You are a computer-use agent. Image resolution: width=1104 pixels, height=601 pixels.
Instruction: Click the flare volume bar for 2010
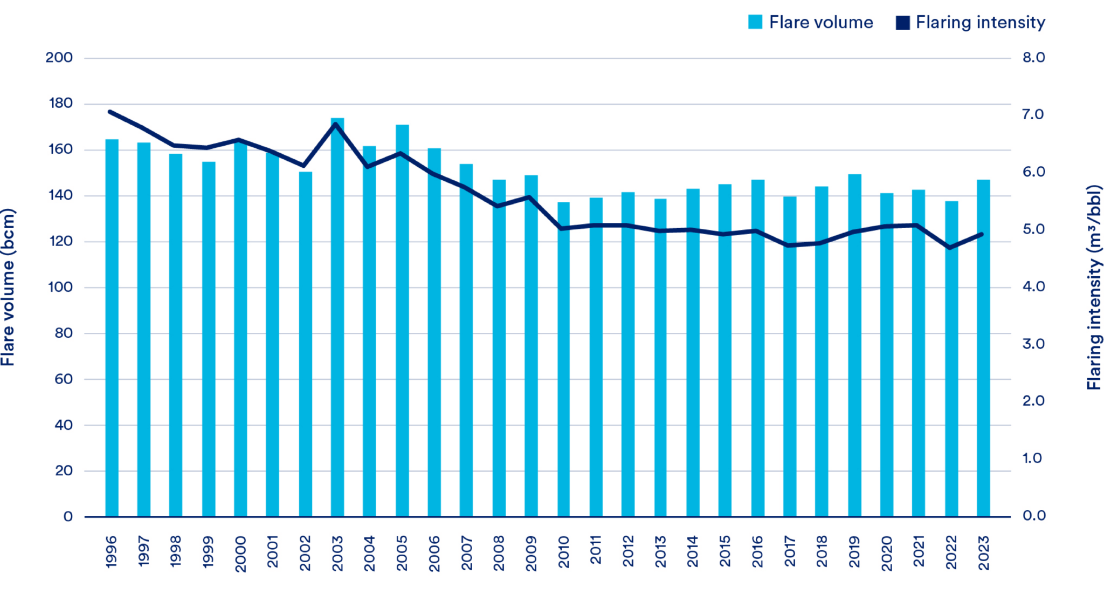click(x=563, y=361)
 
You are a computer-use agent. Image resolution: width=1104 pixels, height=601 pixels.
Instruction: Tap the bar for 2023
click(x=983, y=351)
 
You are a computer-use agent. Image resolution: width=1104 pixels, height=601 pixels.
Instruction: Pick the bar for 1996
click(x=112, y=329)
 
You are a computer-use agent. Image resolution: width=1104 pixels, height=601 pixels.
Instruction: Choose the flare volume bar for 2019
click(x=854, y=345)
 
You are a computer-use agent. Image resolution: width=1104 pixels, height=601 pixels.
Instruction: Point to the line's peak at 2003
click(x=336, y=124)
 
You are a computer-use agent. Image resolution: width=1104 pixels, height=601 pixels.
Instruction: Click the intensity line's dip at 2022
click(x=949, y=248)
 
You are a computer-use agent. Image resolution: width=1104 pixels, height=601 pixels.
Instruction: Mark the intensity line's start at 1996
click(x=110, y=112)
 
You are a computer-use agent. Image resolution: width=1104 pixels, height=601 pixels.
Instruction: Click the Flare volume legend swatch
click(x=755, y=22)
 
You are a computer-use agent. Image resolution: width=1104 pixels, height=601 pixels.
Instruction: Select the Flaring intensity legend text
click(x=980, y=22)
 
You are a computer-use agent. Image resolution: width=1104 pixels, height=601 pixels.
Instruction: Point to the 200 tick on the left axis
click(x=59, y=58)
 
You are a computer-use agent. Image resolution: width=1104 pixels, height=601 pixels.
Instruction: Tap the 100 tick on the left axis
click(x=60, y=287)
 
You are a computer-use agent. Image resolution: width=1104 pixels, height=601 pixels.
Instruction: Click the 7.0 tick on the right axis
click(x=1033, y=114)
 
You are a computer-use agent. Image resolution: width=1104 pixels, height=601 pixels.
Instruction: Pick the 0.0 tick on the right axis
click(x=1033, y=516)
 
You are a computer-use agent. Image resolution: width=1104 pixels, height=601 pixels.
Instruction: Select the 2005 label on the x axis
click(x=402, y=553)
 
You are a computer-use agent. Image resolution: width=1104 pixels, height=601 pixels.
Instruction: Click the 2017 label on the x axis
click(x=790, y=551)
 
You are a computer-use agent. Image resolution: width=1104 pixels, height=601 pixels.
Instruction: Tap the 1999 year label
click(x=208, y=551)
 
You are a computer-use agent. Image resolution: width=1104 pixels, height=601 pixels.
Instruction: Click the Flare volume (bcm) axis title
click(x=8, y=287)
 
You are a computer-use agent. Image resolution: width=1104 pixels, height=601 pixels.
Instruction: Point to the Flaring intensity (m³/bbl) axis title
click(x=1094, y=287)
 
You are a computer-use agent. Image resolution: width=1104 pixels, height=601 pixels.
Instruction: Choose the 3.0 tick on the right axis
click(x=1033, y=344)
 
